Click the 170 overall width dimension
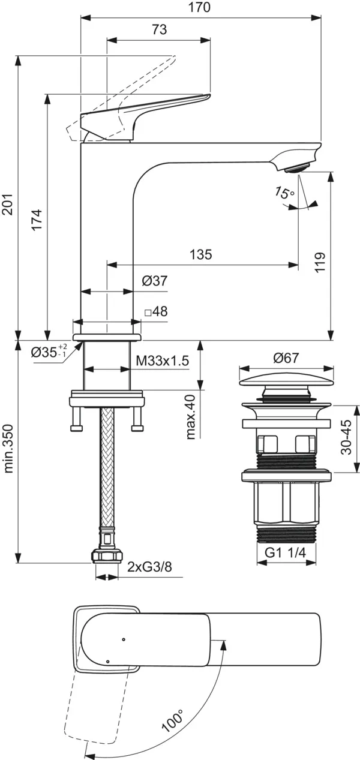(200, 7)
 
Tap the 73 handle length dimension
(160, 29)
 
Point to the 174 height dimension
(37, 220)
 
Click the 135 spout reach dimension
(201, 254)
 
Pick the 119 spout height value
(320, 262)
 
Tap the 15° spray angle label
(284, 193)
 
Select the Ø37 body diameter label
(155, 281)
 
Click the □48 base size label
(157, 311)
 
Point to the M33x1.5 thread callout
(162, 361)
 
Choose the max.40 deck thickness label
(190, 417)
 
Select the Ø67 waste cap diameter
(286, 358)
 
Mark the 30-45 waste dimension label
(346, 437)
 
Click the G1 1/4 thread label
(285, 552)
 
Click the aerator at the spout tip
(298, 167)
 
